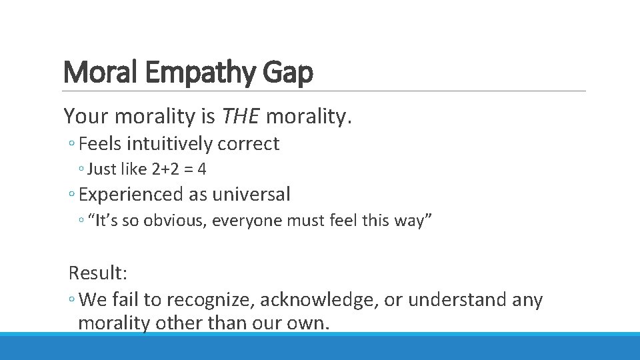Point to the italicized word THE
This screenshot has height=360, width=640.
point(241,117)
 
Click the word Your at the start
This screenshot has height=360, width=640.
point(86,117)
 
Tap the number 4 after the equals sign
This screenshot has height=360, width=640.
point(202,169)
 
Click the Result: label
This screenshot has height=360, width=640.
point(97,272)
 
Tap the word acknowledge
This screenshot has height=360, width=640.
point(315,300)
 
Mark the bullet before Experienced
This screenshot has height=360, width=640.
point(71,195)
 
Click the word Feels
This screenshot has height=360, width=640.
point(99,144)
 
